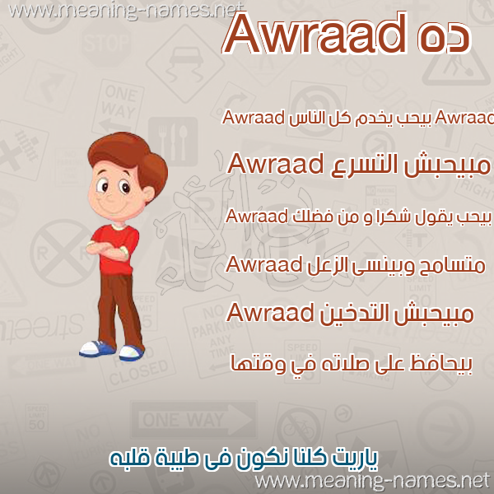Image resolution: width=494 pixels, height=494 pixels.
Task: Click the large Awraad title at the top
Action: [x=316, y=33]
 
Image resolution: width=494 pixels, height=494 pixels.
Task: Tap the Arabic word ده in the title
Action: [x=445, y=38]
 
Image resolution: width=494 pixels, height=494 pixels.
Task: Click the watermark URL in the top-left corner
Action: [x=126, y=11]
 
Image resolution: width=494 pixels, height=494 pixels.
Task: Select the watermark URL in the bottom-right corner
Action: [x=373, y=482]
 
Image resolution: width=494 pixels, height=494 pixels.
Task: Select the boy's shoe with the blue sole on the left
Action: [x=97, y=349]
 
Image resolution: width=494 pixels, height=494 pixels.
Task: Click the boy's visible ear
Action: [x=148, y=193]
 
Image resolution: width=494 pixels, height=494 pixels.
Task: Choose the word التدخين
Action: [x=356, y=313]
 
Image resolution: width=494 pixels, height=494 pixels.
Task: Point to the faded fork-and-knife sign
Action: [x=173, y=142]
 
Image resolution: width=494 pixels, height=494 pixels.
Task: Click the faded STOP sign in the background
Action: [x=106, y=43]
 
